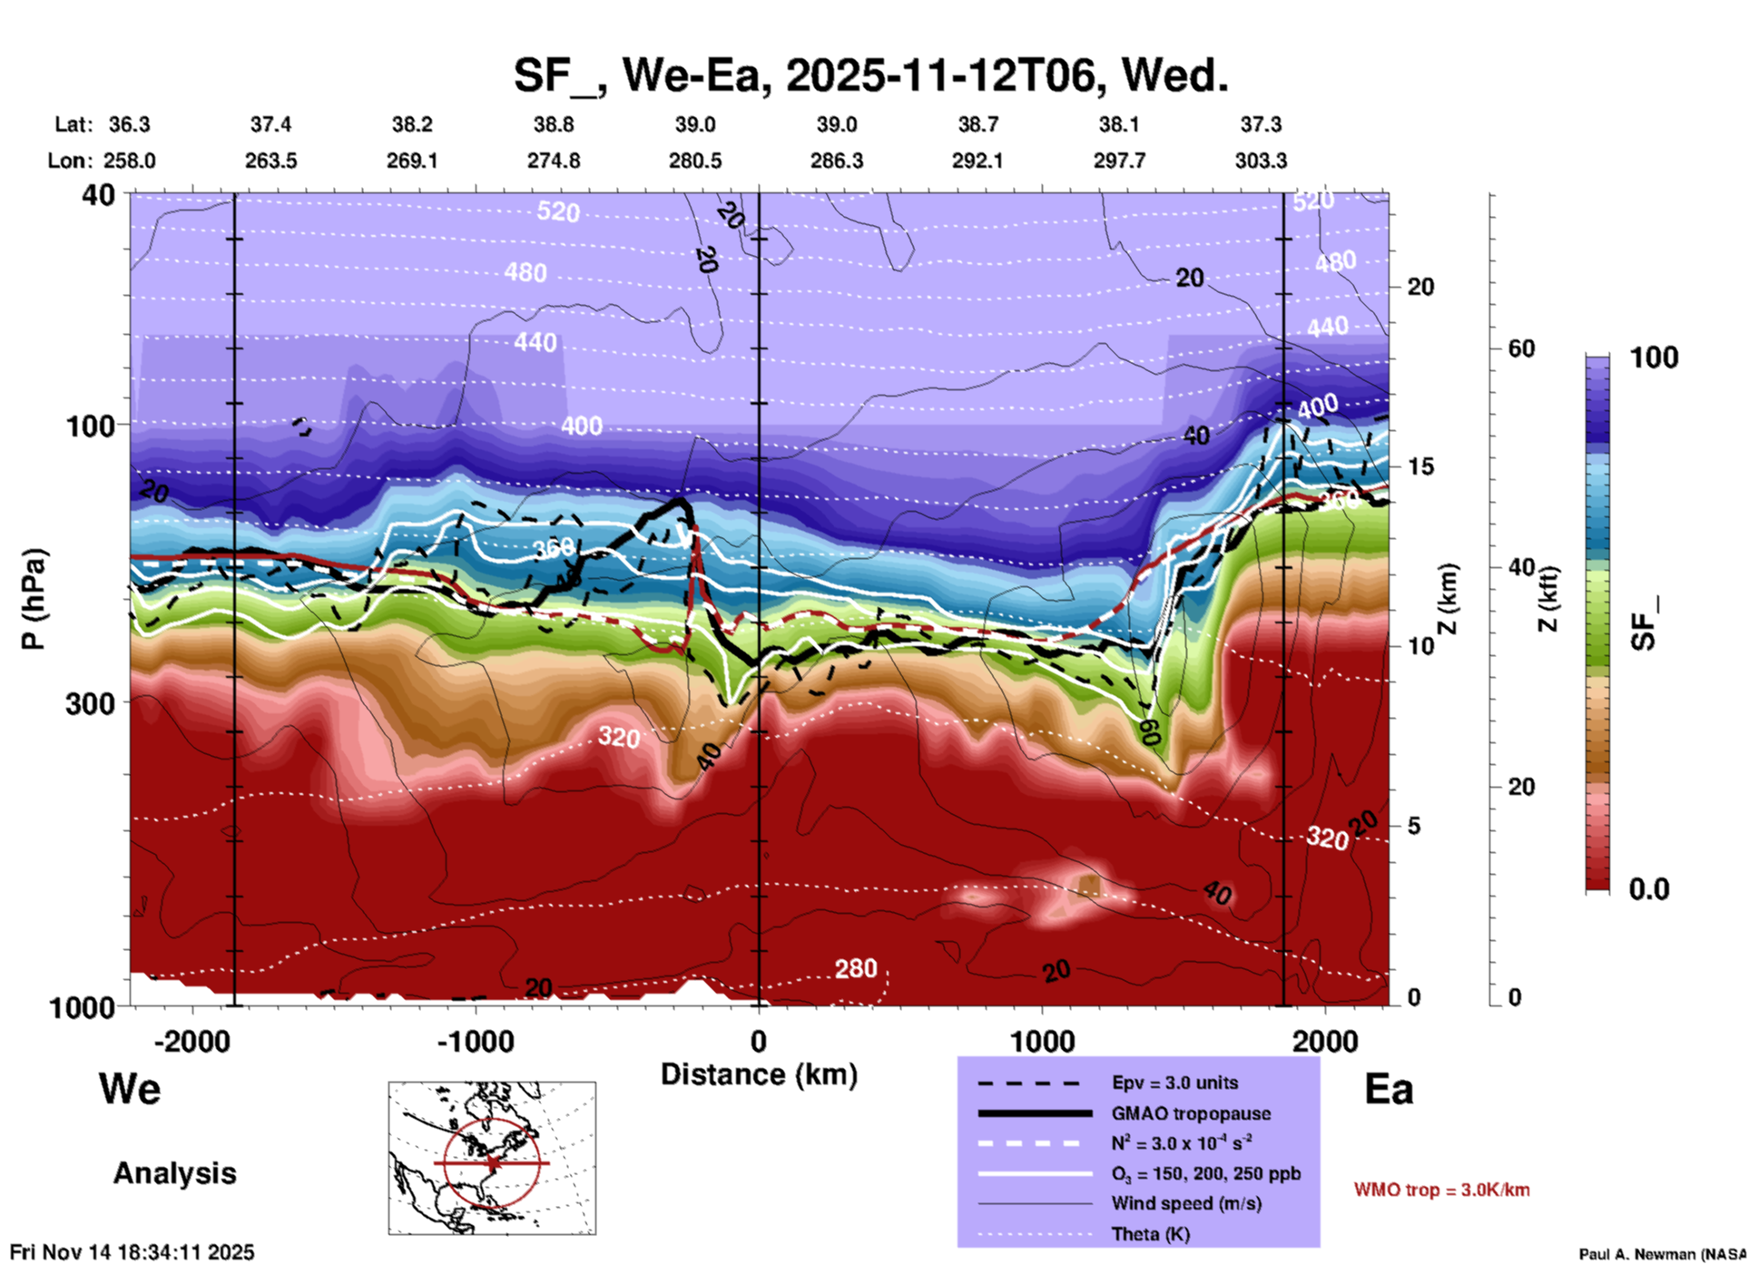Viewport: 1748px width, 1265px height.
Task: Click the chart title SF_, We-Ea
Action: point(871,74)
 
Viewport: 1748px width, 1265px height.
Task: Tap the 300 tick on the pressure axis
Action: point(90,703)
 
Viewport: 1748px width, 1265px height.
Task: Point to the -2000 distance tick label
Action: point(191,1042)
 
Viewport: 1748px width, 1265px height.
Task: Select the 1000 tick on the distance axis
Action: point(1042,1042)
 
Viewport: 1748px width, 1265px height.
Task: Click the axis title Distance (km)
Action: point(759,1074)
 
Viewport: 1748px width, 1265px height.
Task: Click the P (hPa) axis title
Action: point(34,599)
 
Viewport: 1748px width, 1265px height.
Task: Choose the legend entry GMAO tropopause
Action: point(1191,1113)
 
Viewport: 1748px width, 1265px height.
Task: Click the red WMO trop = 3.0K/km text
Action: point(1441,1190)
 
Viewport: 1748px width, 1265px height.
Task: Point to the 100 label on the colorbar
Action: point(1654,358)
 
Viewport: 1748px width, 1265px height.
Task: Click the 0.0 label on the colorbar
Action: point(1649,889)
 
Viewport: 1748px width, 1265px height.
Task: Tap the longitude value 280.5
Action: point(695,161)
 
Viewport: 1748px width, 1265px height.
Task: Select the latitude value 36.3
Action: point(130,124)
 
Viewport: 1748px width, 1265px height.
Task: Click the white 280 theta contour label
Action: point(856,969)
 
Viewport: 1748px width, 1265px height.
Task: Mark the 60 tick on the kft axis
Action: point(1521,348)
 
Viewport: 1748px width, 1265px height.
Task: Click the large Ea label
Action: point(1389,1089)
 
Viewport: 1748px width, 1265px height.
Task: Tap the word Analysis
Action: point(174,1173)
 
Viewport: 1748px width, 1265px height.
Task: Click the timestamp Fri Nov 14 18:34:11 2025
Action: point(133,1252)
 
